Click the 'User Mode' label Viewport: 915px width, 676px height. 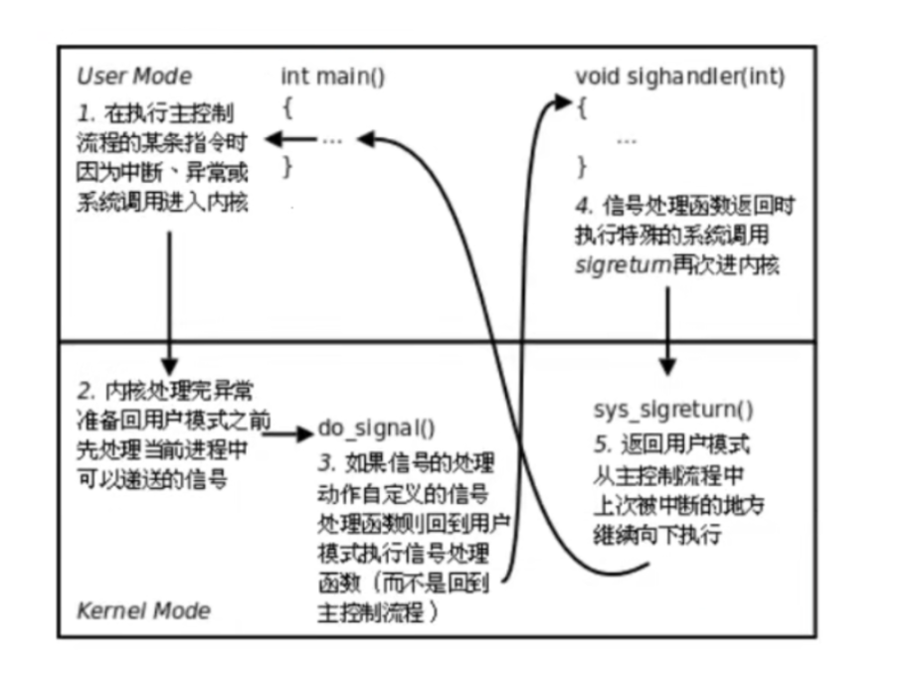click(x=134, y=77)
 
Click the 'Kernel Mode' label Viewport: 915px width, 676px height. click(x=143, y=609)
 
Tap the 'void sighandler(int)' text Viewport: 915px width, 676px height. click(x=667, y=78)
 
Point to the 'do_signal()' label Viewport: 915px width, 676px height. click(x=377, y=428)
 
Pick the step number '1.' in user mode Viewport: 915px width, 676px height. click(x=86, y=108)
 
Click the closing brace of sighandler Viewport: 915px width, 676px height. click(x=583, y=165)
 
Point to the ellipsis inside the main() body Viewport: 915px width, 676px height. click(x=332, y=140)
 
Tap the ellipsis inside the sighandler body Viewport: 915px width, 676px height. click(x=627, y=141)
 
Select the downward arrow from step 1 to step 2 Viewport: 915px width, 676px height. click(x=170, y=298)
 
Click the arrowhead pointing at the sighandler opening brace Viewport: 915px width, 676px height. click(x=563, y=101)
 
